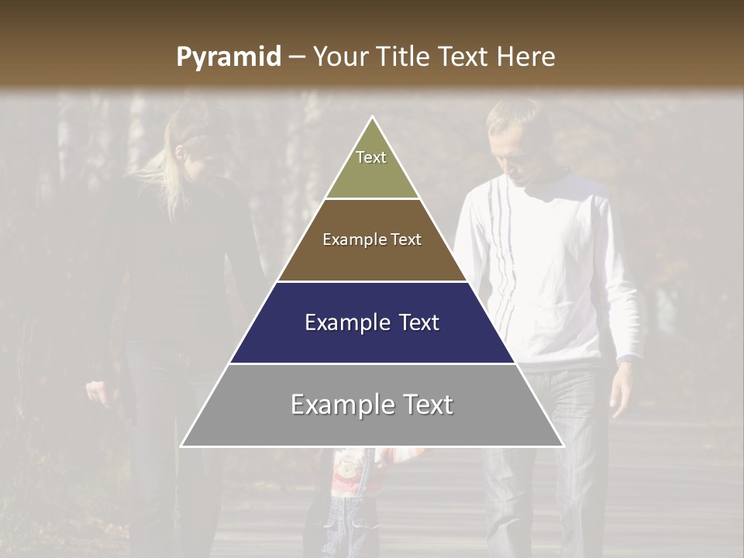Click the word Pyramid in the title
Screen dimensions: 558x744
tap(229, 57)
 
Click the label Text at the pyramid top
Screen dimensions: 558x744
tap(371, 157)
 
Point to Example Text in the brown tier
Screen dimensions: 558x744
tap(372, 239)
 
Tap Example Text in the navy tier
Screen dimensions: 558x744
tap(372, 322)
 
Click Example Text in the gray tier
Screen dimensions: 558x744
tap(372, 405)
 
